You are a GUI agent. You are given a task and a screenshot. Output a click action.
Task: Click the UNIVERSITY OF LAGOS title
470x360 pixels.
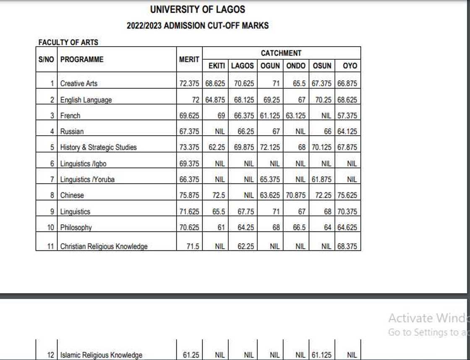coord(197,9)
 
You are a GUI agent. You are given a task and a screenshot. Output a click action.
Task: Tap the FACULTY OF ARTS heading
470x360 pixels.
coord(68,42)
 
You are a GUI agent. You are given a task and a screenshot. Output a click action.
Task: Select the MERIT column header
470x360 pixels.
coord(189,60)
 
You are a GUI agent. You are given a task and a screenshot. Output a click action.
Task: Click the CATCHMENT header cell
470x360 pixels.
coord(281,53)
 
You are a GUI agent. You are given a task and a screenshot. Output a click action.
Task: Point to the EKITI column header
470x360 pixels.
coord(217,66)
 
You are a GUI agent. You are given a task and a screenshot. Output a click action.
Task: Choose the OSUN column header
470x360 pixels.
coord(322,66)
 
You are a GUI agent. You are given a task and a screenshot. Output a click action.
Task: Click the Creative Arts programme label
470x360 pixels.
coord(79,84)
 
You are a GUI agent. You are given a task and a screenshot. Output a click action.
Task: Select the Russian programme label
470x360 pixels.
coord(72,131)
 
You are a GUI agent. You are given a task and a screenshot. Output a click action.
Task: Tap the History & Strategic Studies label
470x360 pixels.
coord(98,147)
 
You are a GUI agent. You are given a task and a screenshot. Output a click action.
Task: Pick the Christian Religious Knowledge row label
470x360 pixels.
coord(104,247)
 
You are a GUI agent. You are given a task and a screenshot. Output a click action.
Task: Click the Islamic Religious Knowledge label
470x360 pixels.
coord(101,355)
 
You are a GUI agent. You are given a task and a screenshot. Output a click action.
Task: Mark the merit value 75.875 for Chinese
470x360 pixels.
coord(189,195)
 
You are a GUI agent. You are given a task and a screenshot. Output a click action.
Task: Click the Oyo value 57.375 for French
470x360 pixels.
coord(347,116)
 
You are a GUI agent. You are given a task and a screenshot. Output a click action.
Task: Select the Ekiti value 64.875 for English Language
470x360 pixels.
coord(215,100)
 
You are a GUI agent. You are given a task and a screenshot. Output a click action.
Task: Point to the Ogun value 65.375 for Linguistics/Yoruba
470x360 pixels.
coord(270,179)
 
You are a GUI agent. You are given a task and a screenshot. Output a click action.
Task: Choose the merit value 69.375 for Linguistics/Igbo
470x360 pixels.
coord(189,163)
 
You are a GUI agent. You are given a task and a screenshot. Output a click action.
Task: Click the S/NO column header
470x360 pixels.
coord(46,60)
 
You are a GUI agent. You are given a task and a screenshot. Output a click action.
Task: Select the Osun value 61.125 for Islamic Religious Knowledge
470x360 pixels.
coord(321,355)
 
